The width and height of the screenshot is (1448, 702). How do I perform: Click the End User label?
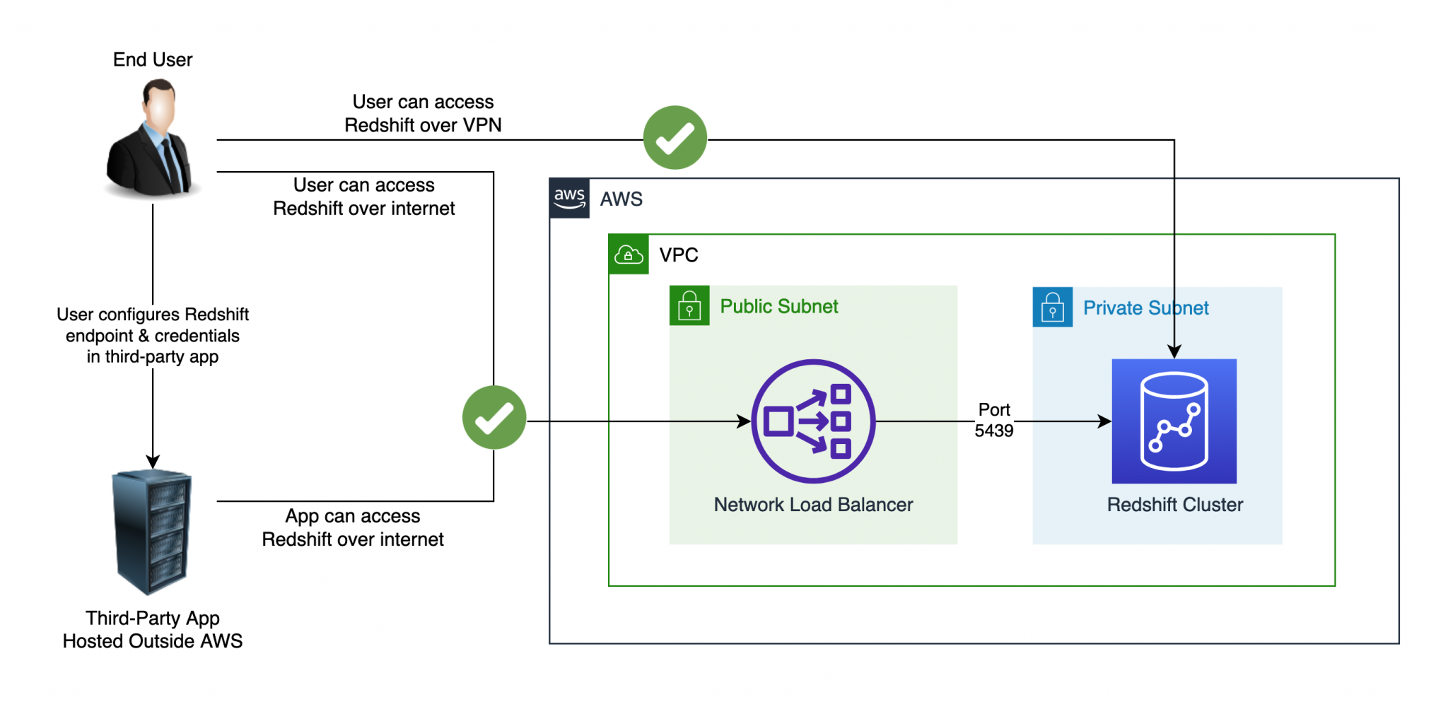[x=153, y=59]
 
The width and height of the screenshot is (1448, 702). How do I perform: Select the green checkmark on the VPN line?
[x=675, y=138]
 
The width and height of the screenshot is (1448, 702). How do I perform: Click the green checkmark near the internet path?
[x=494, y=418]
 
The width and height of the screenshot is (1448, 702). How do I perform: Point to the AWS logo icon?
[x=569, y=199]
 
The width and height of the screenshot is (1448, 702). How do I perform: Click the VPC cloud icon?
[x=629, y=255]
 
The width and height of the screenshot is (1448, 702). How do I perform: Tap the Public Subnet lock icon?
[x=689, y=306]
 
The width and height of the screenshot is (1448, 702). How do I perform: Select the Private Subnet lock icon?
[x=1052, y=308]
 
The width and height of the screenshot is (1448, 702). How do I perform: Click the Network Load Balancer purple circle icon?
[x=813, y=421]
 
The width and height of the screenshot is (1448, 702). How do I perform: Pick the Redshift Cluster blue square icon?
[x=1174, y=421]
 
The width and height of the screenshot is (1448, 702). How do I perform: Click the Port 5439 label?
[x=993, y=420]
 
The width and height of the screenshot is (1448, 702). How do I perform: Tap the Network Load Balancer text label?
[x=813, y=505]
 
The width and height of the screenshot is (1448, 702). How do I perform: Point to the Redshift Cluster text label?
[x=1174, y=505]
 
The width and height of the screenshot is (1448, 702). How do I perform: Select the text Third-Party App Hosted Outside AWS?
[x=153, y=629]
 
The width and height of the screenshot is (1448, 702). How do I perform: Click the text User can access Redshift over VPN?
[x=423, y=113]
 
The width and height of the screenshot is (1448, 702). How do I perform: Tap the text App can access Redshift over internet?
[x=353, y=527]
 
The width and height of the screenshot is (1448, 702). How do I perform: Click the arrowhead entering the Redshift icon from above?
[x=1174, y=351]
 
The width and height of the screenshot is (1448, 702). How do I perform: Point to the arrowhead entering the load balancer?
[x=744, y=421]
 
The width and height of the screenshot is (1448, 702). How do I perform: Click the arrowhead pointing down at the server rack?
[x=153, y=462]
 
